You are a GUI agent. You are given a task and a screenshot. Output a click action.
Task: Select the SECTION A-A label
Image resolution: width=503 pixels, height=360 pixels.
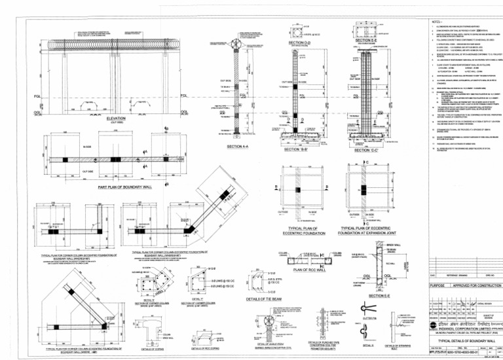[x=238, y=146]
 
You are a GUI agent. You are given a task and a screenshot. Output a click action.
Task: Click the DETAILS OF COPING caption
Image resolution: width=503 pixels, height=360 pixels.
[x=153, y=348]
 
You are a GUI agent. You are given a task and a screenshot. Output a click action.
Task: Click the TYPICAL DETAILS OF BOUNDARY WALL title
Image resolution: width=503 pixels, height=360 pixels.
[x=458, y=342]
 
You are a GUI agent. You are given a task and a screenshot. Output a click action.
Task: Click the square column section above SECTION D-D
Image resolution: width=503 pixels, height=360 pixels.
[x=299, y=31]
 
